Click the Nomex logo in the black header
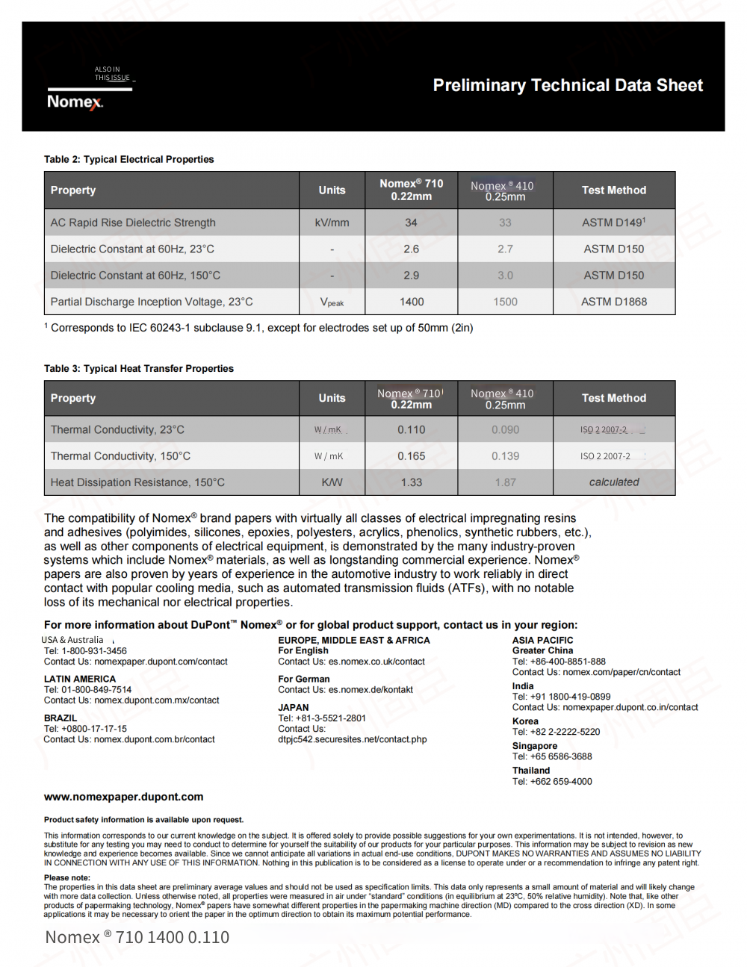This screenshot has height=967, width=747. pos(75,102)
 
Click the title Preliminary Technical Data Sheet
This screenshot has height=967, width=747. pos(568,85)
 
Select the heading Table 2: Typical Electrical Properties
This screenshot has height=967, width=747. pos(128,159)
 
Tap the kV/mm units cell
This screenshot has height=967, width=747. pos(332,223)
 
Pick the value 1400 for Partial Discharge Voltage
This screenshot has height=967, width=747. pos(411,302)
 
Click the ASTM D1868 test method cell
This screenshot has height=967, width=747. pos(614,302)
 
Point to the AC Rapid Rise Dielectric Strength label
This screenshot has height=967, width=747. pos(133,223)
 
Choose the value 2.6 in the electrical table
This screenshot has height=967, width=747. pos(411,249)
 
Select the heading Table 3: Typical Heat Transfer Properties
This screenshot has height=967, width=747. pos(138,368)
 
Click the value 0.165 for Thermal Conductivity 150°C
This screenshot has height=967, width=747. pos(411,455)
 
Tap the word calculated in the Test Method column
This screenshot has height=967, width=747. pos(614,482)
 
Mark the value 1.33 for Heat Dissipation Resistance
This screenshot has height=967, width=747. pos(411,482)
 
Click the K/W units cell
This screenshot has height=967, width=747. pos(332,482)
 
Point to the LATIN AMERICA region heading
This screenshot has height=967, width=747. pos(80,679)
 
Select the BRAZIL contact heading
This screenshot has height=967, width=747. pos(61,718)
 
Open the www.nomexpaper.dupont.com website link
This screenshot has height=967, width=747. pos(123,797)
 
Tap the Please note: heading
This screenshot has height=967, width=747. pos(66,877)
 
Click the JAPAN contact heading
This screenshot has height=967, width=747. pos(293,707)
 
